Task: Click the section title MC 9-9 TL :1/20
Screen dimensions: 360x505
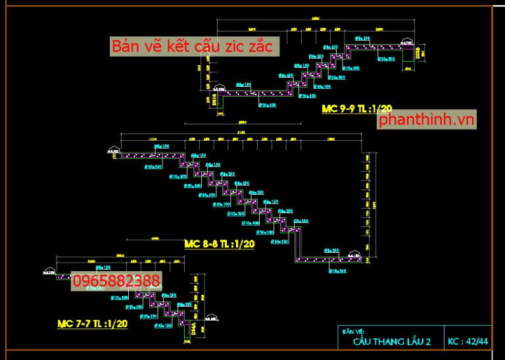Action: (356, 109)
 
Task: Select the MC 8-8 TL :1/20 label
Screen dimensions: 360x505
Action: (219, 244)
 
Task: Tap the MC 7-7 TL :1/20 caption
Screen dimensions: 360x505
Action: (92, 323)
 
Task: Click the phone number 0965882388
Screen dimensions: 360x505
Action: (116, 282)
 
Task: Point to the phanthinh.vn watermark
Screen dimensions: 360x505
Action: (427, 120)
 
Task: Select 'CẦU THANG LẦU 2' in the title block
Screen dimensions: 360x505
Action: (392, 342)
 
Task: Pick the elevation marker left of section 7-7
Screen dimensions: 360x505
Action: (49, 271)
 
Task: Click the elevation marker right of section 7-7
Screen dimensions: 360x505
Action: (210, 317)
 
